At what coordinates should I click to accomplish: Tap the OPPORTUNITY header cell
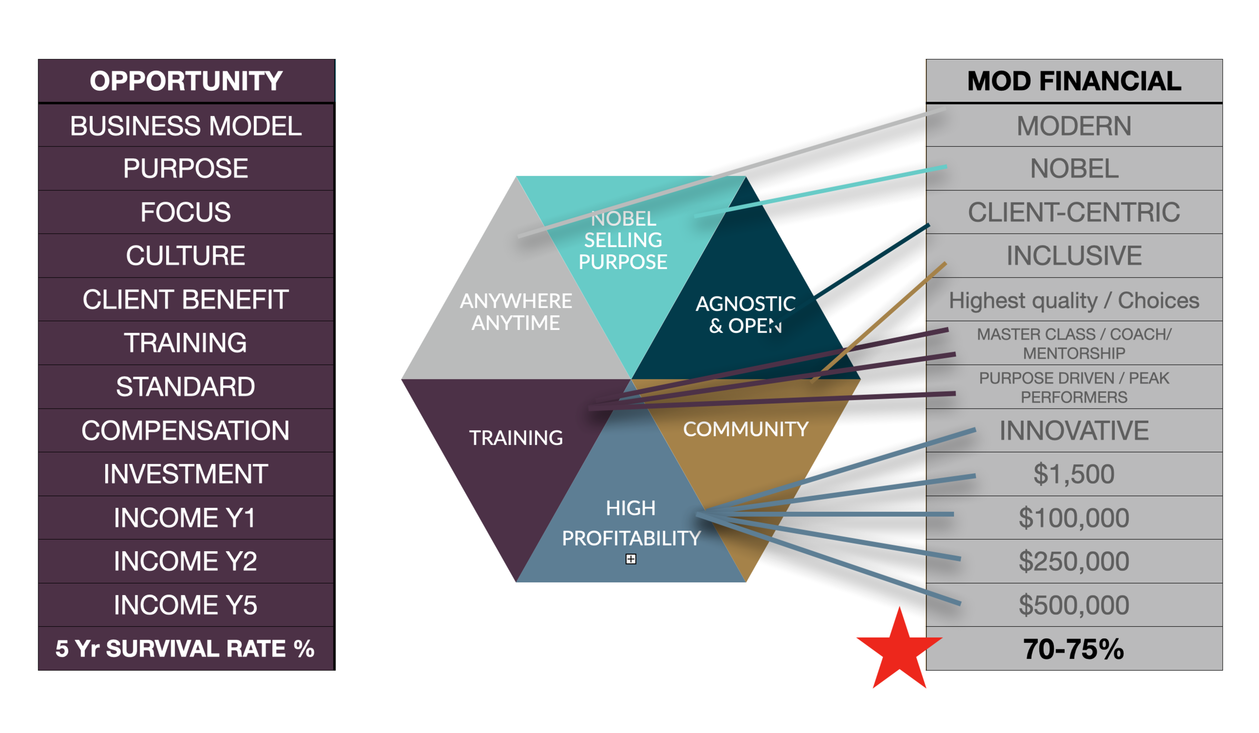tap(186, 81)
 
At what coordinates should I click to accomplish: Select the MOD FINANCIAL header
tap(1074, 81)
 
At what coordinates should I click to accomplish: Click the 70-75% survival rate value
tap(1074, 649)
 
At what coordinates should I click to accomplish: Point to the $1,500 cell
tap(1074, 474)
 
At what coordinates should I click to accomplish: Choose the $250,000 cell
tap(1074, 561)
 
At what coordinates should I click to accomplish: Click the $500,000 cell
tap(1074, 605)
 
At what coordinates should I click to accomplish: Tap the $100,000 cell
tap(1074, 518)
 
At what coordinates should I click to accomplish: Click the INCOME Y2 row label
tap(186, 561)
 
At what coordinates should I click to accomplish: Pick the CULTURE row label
tap(186, 255)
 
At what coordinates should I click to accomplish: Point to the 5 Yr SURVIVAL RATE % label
tap(186, 649)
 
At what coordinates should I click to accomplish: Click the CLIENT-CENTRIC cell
tap(1074, 212)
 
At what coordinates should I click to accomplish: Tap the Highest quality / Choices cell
tap(1074, 300)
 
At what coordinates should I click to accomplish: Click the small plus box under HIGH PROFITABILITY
tap(631, 559)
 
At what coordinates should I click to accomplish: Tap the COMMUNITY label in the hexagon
tap(745, 429)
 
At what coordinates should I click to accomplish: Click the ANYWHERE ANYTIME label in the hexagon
tap(516, 312)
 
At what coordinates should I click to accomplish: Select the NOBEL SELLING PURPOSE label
tap(623, 240)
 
